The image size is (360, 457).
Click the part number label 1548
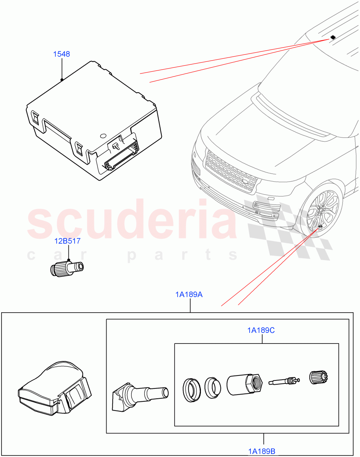61,54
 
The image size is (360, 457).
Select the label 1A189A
189,294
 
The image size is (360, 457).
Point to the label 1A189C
261,331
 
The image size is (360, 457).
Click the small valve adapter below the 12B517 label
67,268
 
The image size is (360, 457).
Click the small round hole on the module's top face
103,135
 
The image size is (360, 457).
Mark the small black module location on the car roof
333,37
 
